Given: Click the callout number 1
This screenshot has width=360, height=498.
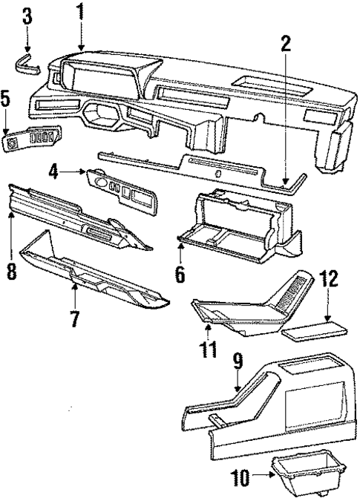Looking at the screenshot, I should tap(80, 12).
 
